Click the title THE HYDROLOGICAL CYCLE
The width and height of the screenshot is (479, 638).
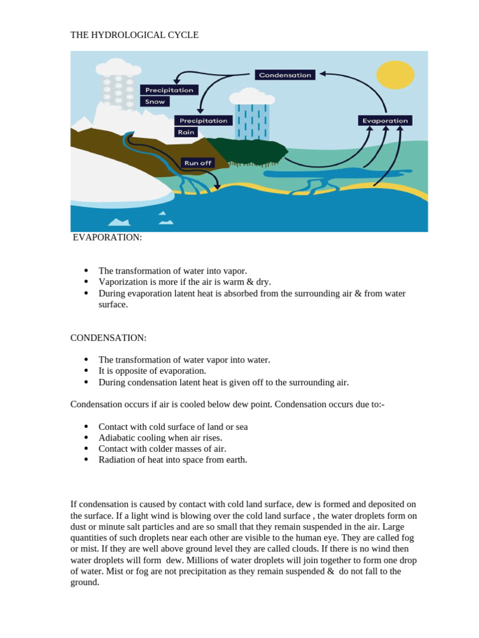[x=134, y=35]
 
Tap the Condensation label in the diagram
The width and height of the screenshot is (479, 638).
[x=285, y=75]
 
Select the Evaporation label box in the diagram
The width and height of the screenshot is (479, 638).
[x=385, y=121]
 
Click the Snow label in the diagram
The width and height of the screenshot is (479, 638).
[x=155, y=102]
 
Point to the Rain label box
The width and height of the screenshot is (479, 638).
[x=187, y=132]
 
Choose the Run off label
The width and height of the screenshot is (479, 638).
[x=198, y=163]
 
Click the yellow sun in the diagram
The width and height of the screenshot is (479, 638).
[x=395, y=75]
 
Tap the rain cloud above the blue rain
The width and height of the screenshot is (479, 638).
[x=251, y=97]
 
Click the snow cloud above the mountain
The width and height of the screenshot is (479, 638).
[x=118, y=68]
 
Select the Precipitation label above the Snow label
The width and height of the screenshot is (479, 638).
[x=169, y=90]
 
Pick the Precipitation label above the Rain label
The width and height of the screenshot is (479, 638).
[x=203, y=121]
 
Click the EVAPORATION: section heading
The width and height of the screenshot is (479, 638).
[x=107, y=237]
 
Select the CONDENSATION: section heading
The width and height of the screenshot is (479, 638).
[x=109, y=338]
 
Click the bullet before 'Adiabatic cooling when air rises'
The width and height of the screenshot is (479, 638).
[x=86, y=438]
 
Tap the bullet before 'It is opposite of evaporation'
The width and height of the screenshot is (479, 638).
[x=86, y=371]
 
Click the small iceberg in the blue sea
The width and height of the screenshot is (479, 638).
[x=119, y=221]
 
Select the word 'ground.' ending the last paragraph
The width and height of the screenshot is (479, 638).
[x=85, y=583]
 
